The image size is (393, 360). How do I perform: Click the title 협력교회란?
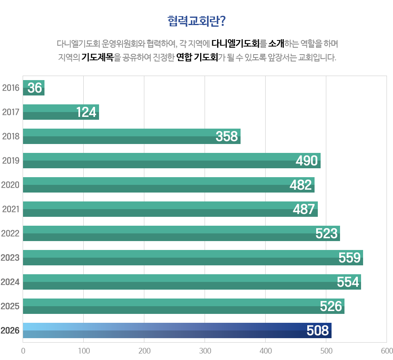point(196,21)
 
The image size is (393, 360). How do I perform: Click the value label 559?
point(349,258)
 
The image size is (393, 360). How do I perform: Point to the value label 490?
point(306,161)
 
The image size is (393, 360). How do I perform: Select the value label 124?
point(87,112)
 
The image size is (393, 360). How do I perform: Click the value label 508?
point(317,331)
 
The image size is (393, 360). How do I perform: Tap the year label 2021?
point(11,209)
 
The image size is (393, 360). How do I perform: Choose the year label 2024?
point(11,282)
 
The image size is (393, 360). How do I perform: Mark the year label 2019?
point(11,161)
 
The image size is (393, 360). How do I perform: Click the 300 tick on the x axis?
point(205,350)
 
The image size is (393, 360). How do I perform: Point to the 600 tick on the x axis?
point(387,350)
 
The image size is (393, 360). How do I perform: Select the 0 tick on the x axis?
point(23,350)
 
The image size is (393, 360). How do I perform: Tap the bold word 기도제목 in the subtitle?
point(97,57)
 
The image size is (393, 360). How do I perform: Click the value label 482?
point(301,185)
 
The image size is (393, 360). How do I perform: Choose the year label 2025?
point(11,306)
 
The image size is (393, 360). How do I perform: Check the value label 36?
point(35,88)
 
